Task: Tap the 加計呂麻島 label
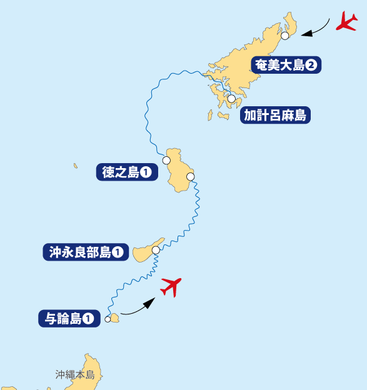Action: click(x=275, y=116)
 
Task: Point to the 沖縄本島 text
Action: click(x=74, y=375)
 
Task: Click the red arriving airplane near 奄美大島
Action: click(x=346, y=21)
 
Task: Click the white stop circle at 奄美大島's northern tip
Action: click(x=285, y=36)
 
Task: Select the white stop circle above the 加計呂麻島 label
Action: click(x=231, y=99)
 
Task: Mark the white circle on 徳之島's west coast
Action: click(x=166, y=161)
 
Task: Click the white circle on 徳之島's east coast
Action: click(x=190, y=177)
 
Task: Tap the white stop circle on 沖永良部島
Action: click(x=156, y=250)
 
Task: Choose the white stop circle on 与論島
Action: click(x=108, y=319)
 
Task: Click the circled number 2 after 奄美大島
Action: click(x=311, y=64)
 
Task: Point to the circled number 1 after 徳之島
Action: click(x=145, y=172)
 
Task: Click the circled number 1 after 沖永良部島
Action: click(x=118, y=252)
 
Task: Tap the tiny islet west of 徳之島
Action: click(x=76, y=166)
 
